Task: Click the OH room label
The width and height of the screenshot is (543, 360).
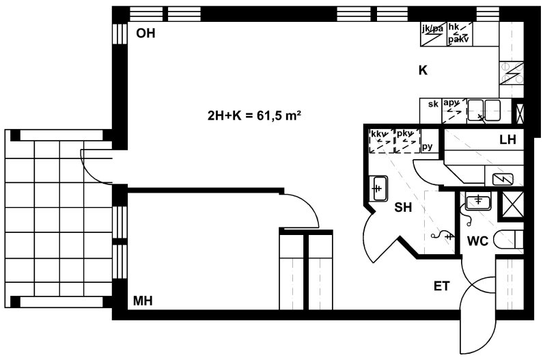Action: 145,33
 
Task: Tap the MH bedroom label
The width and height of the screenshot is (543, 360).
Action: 143,301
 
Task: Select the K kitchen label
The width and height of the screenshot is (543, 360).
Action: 423,70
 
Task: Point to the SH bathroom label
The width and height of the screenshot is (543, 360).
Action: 403,207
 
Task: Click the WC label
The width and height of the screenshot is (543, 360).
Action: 477,241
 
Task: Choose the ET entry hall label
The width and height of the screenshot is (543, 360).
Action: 441,286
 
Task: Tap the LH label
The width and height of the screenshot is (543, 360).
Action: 507,139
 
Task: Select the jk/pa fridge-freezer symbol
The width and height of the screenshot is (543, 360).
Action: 432,34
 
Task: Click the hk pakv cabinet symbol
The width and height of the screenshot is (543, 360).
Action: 458,34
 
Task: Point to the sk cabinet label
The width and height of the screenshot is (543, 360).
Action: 433,104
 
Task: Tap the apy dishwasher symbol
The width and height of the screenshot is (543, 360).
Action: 454,111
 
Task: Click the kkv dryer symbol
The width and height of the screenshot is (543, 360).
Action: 382,141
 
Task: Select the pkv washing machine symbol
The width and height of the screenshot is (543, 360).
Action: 407,141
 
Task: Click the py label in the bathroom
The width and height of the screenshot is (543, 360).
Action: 428,147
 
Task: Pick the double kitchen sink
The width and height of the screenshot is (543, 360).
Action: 484,111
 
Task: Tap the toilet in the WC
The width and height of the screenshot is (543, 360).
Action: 508,239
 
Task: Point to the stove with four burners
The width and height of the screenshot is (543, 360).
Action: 512,73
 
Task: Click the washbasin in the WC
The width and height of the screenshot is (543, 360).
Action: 478,202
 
